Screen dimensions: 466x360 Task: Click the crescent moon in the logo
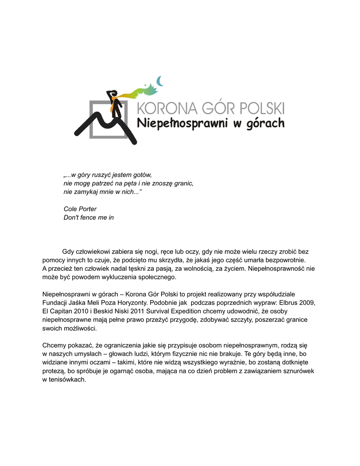click(160, 81)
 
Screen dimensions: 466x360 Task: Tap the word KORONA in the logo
click(168, 109)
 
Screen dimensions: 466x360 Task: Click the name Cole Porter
click(80, 209)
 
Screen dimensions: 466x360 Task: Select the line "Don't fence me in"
click(89, 218)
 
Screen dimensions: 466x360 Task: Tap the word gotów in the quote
click(142, 174)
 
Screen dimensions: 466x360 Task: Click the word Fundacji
click(56, 303)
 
